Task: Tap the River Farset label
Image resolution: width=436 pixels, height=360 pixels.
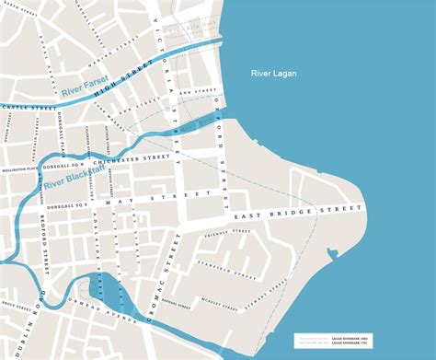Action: [85, 90]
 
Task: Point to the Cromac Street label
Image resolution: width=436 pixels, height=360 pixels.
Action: [172, 267]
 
